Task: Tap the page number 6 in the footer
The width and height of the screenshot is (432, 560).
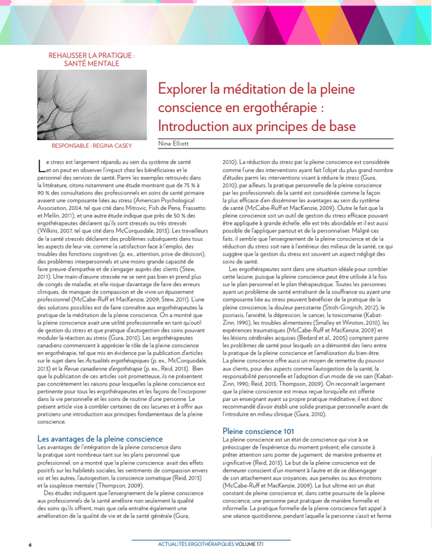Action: tap(30, 544)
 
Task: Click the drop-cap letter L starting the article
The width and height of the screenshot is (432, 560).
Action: tap(40, 165)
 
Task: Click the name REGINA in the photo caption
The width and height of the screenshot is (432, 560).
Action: tap(101, 147)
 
